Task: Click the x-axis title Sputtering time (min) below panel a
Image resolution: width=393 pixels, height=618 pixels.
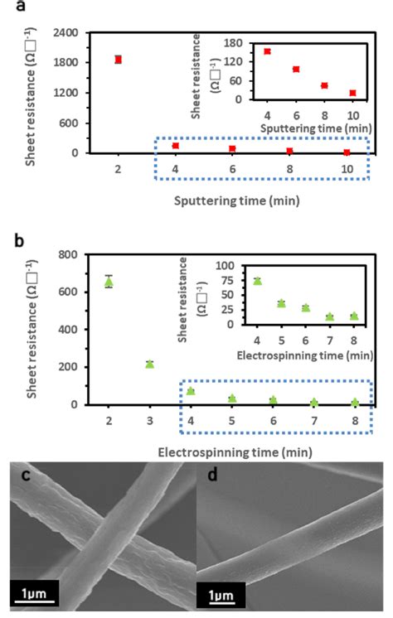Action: click(225, 200)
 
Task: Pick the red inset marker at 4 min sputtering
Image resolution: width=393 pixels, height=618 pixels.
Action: click(267, 51)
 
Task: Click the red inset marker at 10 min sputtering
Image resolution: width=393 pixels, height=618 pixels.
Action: click(352, 93)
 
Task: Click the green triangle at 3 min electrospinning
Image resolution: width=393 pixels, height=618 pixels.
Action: click(150, 364)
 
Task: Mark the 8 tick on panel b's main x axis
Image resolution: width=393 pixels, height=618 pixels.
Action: click(355, 421)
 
